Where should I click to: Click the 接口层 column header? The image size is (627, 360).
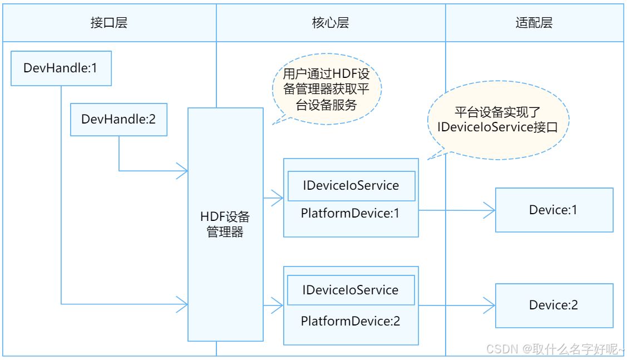[x=109, y=23]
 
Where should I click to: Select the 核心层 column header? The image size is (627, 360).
[x=330, y=23]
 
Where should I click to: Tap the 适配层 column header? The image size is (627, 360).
[x=534, y=23]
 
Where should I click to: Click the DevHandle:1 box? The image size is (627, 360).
[x=61, y=68]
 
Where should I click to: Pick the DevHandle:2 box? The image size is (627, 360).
[x=119, y=119]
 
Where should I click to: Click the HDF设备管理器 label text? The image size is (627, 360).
[x=225, y=224]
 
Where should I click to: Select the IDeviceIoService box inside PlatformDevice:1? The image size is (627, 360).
[x=351, y=186]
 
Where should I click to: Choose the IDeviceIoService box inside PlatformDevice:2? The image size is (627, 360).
[x=350, y=290]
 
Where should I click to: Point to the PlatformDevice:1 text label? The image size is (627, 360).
[x=350, y=213]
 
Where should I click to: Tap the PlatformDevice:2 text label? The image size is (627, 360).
[x=350, y=321]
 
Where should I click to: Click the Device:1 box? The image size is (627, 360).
[x=554, y=210]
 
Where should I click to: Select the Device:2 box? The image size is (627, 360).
[x=554, y=305]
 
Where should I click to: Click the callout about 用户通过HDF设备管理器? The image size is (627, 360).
[x=326, y=89]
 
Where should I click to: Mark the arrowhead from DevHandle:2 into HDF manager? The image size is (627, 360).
[x=182, y=171]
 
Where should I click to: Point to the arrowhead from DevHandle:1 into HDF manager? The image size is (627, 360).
[x=182, y=304]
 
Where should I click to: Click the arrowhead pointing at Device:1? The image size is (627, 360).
[x=490, y=210]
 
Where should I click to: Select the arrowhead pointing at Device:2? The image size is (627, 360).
[x=490, y=305]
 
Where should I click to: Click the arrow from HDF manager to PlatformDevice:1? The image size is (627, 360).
[x=273, y=197]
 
